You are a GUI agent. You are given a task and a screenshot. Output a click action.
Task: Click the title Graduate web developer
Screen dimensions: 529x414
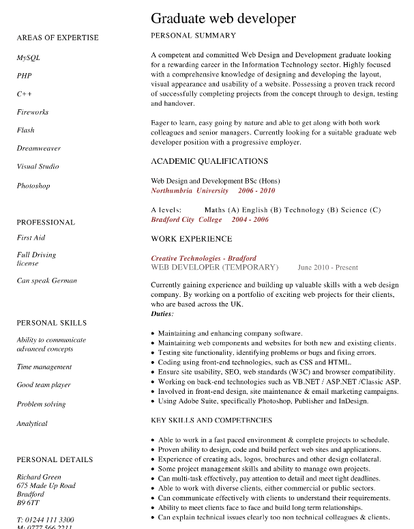pyautogui.click(x=223, y=18)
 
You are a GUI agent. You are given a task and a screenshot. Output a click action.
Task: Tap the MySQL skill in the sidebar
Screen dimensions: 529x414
pyautogui.click(x=29, y=58)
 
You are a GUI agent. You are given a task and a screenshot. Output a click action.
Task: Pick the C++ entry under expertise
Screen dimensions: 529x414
pyautogui.click(x=25, y=94)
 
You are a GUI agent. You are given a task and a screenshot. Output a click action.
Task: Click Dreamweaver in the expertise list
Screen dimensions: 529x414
pyautogui.click(x=39, y=148)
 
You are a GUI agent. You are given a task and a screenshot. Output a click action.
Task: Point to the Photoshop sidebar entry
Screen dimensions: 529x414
pyautogui.click(x=33, y=186)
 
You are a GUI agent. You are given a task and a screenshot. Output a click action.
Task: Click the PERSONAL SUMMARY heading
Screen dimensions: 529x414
pyautogui.click(x=193, y=35)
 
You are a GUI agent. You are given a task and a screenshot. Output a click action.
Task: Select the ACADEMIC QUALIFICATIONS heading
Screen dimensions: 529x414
pyautogui.click(x=209, y=161)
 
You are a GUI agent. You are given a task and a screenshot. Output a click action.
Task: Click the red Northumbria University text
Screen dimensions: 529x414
pyautogui.click(x=190, y=190)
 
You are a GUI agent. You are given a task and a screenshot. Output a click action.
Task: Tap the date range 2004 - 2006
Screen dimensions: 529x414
pyautogui.click(x=250, y=220)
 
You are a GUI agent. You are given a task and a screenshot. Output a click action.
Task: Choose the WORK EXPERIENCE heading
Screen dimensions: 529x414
pyautogui.click(x=191, y=239)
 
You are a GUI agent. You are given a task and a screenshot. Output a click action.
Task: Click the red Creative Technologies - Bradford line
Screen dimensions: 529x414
pyautogui.click(x=203, y=259)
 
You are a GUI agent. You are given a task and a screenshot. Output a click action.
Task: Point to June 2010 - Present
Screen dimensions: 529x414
pyautogui.click(x=327, y=268)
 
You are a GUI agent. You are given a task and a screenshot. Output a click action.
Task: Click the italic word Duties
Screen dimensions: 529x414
pyautogui.click(x=162, y=313)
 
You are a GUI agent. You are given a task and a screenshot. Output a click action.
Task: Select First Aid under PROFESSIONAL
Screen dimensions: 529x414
pyautogui.click(x=31, y=238)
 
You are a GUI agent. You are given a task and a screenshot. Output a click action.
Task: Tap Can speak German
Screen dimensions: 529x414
pyautogui.click(x=46, y=281)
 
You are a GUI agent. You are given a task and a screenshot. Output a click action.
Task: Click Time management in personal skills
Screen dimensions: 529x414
pyautogui.click(x=44, y=367)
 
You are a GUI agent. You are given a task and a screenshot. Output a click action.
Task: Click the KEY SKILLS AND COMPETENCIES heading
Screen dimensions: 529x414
pyautogui.click(x=211, y=420)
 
